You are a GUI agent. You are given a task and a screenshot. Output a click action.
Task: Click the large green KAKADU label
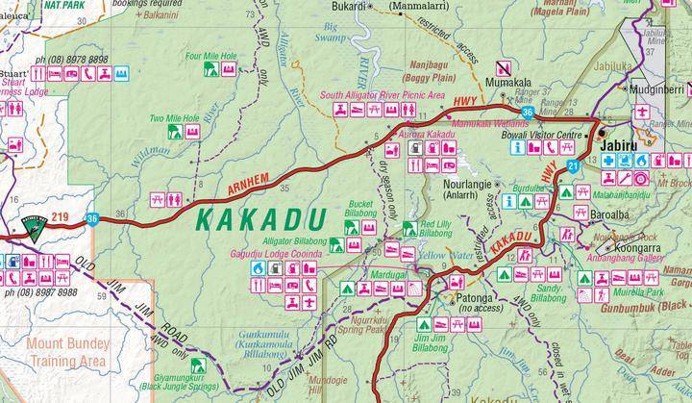259,218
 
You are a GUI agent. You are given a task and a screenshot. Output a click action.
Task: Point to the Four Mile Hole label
212,56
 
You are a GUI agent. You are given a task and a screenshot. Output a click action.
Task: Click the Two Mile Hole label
174,118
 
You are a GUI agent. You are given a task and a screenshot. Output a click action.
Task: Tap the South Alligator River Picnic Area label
383,96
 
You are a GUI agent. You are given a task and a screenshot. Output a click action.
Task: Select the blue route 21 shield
572,167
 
